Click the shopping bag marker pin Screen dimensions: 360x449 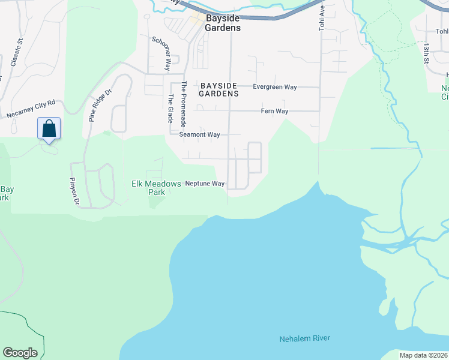coord(49,129)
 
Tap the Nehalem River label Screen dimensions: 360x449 coord(304,339)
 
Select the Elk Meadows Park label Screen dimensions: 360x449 coord(156,188)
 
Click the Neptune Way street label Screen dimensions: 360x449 coord(205,184)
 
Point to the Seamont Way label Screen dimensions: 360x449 coord(199,135)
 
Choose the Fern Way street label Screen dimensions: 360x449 coord(274,112)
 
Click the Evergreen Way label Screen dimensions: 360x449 coord(274,87)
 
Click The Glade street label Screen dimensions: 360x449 coord(170,109)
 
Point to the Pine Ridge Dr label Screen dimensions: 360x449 coord(100,106)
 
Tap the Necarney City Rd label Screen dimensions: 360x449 coord(31,109)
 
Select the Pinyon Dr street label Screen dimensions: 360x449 coord(75,192)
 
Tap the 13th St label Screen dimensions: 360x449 coord(426,53)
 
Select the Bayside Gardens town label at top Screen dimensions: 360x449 coord(223,23)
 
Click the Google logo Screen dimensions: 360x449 coord(20,353)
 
